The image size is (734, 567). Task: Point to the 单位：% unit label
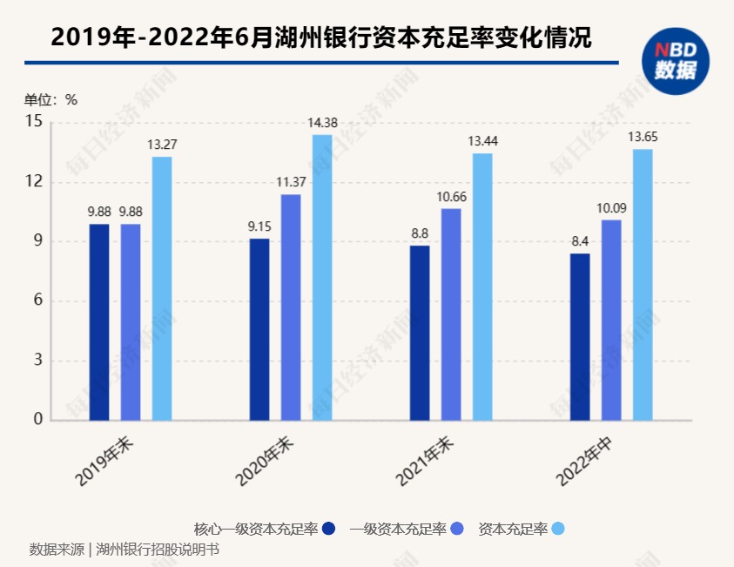[x=51, y=99]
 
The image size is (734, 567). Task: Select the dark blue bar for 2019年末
[x=99, y=322]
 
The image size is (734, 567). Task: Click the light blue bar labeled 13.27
[x=162, y=288]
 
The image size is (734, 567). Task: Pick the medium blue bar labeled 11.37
[x=291, y=307]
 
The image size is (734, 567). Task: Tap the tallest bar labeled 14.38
[x=322, y=277]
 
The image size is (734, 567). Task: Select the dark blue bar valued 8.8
[x=420, y=333]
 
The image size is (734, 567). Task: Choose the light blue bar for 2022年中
[x=643, y=285]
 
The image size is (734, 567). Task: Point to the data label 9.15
[x=259, y=227]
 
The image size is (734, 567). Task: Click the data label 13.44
[x=482, y=141]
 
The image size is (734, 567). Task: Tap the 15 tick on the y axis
[x=34, y=122]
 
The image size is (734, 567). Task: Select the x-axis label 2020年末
[x=265, y=461]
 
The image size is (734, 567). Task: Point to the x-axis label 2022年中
[x=585, y=461]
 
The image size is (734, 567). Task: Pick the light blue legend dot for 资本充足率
[x=558, y=529]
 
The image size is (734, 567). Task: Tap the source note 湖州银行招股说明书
[x=158, y=550]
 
